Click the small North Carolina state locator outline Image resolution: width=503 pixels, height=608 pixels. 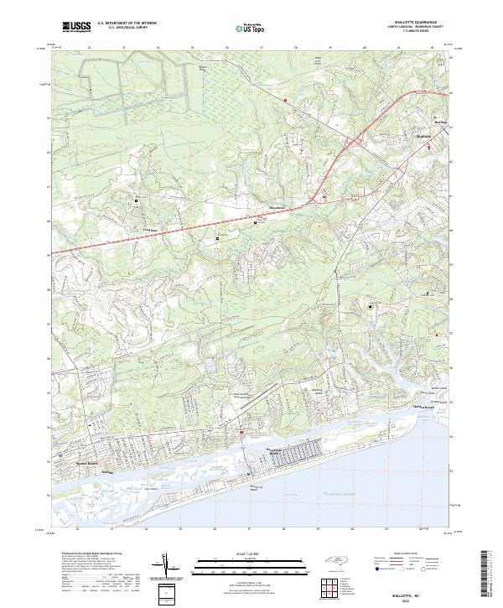[x=336, y=559]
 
